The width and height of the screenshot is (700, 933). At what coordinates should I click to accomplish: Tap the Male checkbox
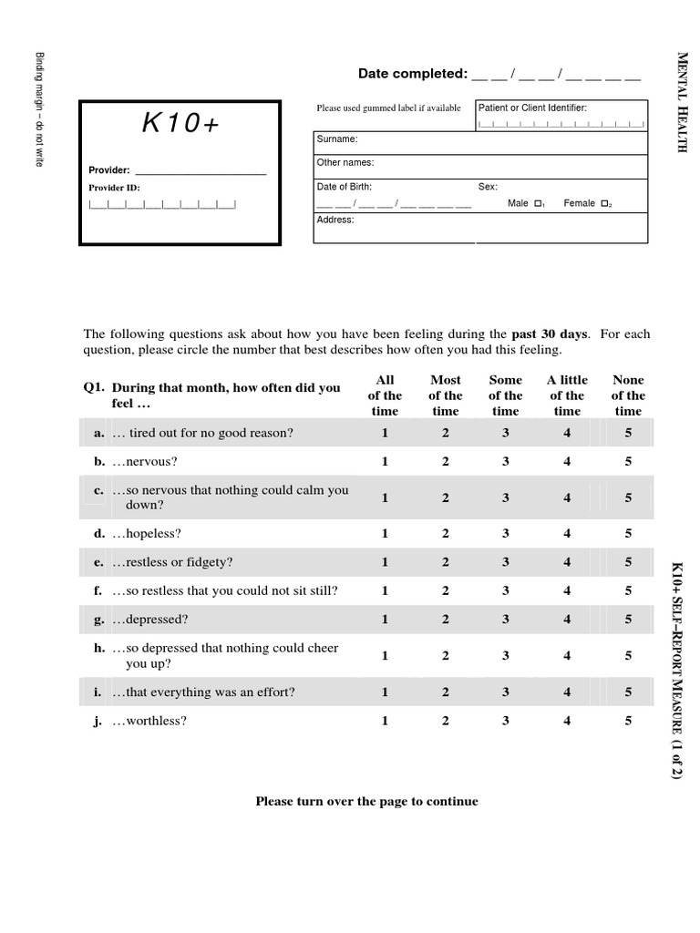click(539, 203)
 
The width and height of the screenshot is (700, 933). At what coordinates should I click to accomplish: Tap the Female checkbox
click(604, 203)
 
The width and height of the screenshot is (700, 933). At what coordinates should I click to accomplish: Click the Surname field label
click(337, 139)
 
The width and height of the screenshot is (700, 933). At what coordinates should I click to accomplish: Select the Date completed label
click(412, 74)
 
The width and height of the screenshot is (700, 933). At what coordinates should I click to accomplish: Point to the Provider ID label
click(114, 188)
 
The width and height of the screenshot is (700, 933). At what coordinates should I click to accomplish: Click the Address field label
click(335, 220)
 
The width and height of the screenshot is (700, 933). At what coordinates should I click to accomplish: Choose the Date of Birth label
click(345, 186)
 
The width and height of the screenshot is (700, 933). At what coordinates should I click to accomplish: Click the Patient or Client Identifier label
click(532, 108)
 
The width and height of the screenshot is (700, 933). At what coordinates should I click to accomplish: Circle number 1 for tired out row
click(385, 433)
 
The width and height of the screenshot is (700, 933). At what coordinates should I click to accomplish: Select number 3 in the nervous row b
click(506, 462)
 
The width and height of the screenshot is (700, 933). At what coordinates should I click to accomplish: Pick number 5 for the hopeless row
click(628, 533)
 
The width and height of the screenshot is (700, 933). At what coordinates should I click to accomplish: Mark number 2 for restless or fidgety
click(446, 562)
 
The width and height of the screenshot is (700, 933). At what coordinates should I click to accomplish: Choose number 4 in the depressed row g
click(567, 620)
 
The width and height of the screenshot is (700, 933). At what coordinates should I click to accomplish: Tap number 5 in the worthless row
click(628, 721)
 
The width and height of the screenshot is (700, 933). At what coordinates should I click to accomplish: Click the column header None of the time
click(628, 395)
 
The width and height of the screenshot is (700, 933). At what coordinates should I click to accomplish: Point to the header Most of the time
click(446, 395)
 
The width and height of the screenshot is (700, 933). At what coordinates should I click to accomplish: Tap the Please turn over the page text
click(366, 802)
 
